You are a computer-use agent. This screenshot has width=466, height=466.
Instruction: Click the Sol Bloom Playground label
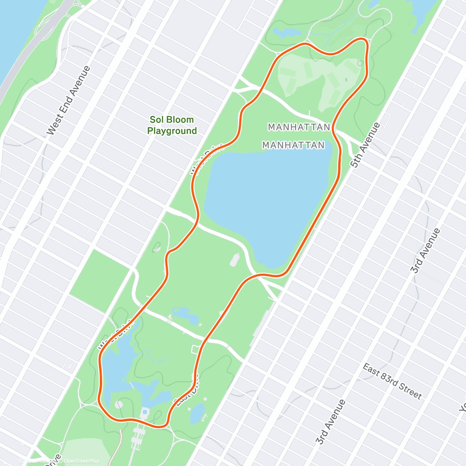172,125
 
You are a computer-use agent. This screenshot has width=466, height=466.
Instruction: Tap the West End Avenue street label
68,101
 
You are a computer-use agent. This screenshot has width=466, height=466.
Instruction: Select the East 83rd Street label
392,381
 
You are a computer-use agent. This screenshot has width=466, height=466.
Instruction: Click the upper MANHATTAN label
299,127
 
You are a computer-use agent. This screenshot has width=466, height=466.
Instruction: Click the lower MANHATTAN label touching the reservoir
293,145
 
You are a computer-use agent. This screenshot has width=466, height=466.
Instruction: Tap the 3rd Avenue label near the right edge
426,251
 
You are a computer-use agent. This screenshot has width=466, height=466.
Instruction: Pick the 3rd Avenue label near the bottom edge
330,422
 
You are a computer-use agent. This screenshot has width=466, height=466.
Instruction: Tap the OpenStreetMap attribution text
81,461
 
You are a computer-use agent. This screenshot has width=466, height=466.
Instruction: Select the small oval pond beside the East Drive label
198,413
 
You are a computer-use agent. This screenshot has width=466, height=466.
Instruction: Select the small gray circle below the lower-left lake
119,405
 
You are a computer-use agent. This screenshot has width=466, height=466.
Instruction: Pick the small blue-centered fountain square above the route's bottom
145,411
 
